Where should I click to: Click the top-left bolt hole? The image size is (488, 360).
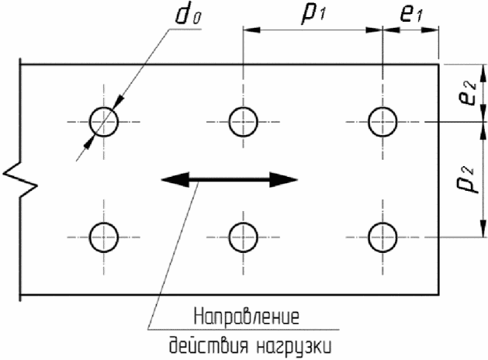pyautogui.click(x=103, y=122)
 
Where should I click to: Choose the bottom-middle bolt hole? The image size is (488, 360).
pyautogui.click(x=243, y=237)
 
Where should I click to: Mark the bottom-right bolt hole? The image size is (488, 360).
pyautogui.click(x=382, y=237)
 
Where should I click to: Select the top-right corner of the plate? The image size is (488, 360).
pyautogui.click(x=439, y=64)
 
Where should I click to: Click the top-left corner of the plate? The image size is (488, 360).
pyautogui.click(x=21, y=64)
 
